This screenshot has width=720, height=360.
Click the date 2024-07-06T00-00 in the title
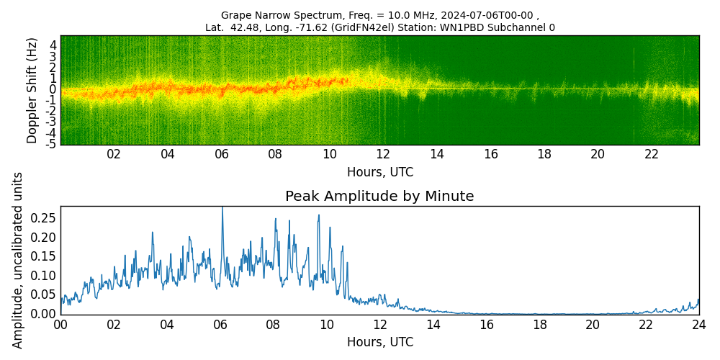click(x=490, y=15)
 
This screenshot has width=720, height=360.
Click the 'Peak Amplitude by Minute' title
click(x=379, y=197)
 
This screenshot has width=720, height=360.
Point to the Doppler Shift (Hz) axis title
click(x=32, y=90)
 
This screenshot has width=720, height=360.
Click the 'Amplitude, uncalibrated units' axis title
click(x=18, y=260)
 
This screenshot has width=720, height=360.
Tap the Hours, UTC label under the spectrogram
click(x=379, y=173)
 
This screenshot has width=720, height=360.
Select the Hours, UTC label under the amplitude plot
click(x=379, y=343)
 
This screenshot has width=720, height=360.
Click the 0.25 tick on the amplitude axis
click(x=43, y=218)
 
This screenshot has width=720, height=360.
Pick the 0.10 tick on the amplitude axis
click(x=43, y=275)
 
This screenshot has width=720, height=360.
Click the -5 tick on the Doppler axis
click(x=51, y=144)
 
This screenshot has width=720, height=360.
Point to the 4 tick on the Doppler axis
click(x=53, y=45)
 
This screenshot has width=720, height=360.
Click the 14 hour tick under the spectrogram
click(x=436, y=155)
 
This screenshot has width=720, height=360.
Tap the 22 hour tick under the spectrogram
click(x=652, y=155)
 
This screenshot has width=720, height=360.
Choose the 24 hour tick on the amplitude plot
click(x=698, y=325)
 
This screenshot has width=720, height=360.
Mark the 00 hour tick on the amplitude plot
click(x=60, y=325)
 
